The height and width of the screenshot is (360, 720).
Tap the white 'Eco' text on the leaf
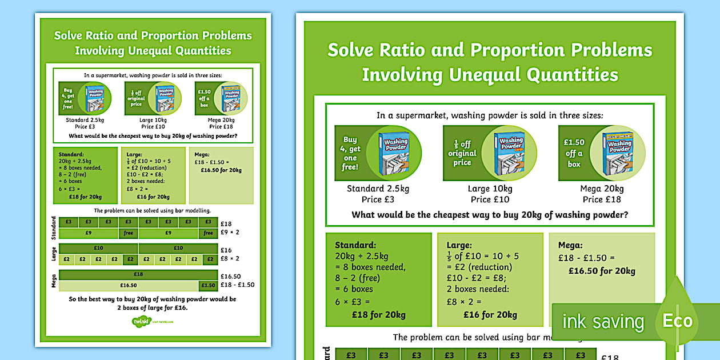click(x=678, y=321)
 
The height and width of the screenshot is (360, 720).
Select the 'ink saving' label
click(x=603, y=322)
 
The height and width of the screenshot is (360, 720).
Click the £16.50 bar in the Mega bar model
click(x=128, y=285)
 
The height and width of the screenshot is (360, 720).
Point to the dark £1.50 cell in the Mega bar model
click(x=208, y=285)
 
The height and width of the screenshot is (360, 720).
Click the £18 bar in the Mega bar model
click(x=138, y=274)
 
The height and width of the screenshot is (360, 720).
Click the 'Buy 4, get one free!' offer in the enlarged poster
click(x=350, y=153)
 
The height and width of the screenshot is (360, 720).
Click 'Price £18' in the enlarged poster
click(x=602, y=199)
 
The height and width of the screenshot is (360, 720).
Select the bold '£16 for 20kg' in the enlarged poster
click(x=490, y=314)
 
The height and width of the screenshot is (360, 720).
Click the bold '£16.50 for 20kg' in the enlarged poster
click(x=601, y=271)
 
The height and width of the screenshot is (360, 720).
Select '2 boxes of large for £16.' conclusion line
click(x=153, y=307)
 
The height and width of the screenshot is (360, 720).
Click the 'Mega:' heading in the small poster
click(x=202, y=154)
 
